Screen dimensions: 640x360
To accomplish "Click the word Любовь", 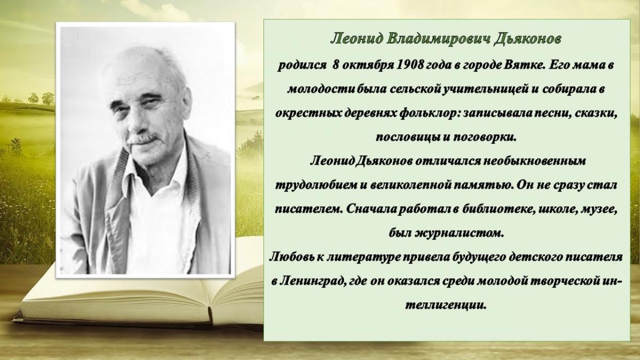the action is click(291, 257).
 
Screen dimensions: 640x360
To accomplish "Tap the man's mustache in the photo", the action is click(143, 139).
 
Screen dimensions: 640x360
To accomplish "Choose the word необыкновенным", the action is click(534, 161).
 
